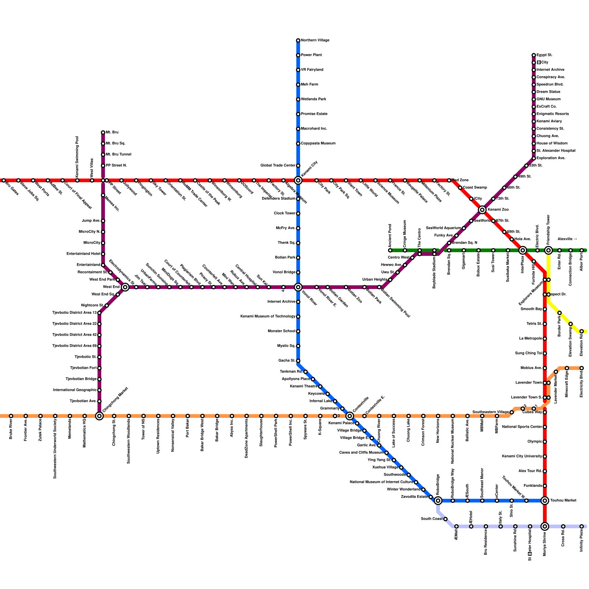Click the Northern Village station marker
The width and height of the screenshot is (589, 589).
[298, 40]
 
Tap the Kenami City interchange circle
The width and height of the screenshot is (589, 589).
[298, 180]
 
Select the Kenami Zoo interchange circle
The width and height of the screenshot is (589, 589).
[482, 210]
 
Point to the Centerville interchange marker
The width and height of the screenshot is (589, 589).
[350, 416]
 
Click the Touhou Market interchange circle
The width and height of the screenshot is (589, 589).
[545, 501]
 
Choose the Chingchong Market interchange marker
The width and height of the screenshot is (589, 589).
[99, 416]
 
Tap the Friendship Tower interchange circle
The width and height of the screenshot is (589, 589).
[549, 250]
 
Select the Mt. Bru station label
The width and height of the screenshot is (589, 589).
[112, 133]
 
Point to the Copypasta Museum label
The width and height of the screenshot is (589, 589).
[318, 144]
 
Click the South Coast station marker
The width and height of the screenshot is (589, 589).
[445, 519]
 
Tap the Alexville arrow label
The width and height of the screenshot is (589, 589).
[567, 239]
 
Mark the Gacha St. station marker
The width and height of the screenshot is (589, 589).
[298, 361]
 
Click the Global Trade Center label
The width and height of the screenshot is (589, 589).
[278, 166]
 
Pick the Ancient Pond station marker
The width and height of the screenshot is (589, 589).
[390, 250]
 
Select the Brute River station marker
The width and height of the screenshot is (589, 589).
[11, 416]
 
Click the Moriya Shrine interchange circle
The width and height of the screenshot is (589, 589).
[545, 526]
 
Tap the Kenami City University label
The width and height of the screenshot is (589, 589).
[522, 456]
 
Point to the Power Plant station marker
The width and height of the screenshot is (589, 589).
[298, 55]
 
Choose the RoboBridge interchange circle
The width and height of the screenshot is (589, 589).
[438, 501]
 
